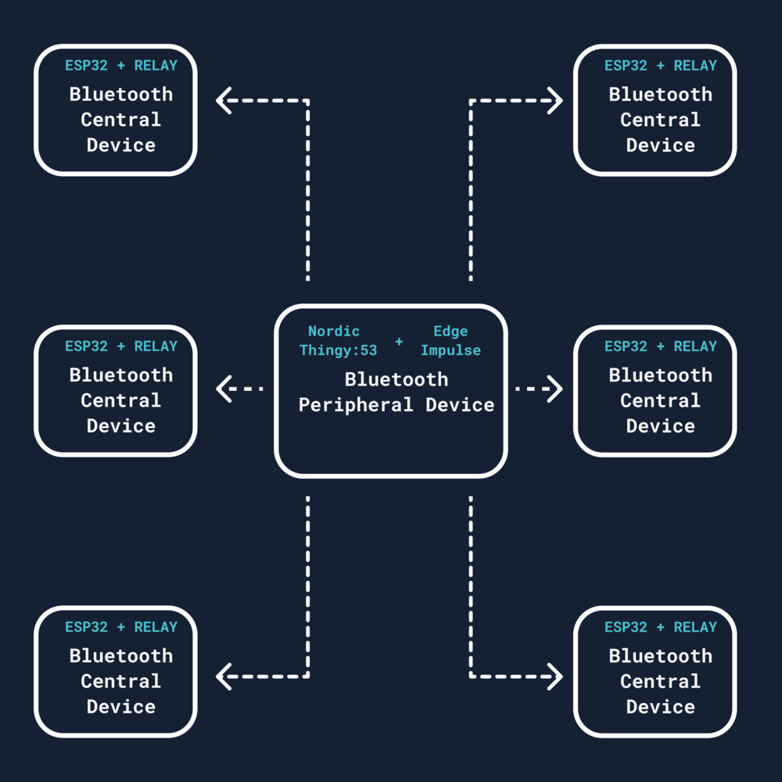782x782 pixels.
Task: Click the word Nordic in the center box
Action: click(334, 332)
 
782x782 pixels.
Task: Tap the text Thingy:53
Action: click(338, 350)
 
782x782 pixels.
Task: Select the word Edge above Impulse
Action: click(450, 332)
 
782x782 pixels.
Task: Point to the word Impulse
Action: click(450, 350)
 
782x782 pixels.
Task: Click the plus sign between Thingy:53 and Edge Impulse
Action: click(399, 342)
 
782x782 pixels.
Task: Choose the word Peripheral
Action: click(357, 405)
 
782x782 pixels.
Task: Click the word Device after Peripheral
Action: click(460, 405)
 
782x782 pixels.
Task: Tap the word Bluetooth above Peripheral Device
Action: click(396, 380)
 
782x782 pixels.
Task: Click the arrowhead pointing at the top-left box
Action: click(224, 101)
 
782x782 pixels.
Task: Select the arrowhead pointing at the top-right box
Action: click(555, 101)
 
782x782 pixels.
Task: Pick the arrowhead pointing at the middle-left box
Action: click(224, 389)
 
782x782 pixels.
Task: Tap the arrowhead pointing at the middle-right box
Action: click(555, 389)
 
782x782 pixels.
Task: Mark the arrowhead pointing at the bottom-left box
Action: click(224, 676)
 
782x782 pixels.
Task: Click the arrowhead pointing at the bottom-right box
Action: click(555, 676)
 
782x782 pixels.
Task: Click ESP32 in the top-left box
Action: click(86, 66)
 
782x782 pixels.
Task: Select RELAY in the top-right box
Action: click(695, 66)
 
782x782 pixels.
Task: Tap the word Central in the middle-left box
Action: click(121, 400)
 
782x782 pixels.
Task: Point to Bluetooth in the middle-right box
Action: click(661, 375)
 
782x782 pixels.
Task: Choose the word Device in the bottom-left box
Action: click(121, 707)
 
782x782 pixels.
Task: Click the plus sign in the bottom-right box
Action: click(661, 627)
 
